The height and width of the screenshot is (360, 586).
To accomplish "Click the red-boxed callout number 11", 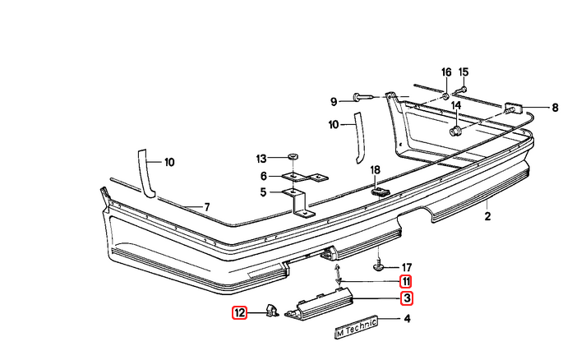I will [406, 281].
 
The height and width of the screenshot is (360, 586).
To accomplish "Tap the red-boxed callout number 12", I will [239, 312].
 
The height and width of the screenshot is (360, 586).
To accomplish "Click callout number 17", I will [406, 267].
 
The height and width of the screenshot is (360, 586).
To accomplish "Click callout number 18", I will [376, 169].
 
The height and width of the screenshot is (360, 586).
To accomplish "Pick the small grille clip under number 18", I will [379, 192].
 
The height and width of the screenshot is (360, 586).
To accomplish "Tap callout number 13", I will [261, 158].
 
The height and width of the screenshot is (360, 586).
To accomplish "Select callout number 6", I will [264, 176].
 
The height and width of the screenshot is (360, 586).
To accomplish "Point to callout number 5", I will [264, 193].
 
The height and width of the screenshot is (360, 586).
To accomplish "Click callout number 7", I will [207, 206].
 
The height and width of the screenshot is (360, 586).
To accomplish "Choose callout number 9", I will [334, 102].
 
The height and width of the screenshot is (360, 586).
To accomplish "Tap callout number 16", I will [446, 72].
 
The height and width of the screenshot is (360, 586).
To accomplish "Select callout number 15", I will [464, 72].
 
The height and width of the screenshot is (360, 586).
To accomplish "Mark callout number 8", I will [555, 107].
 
